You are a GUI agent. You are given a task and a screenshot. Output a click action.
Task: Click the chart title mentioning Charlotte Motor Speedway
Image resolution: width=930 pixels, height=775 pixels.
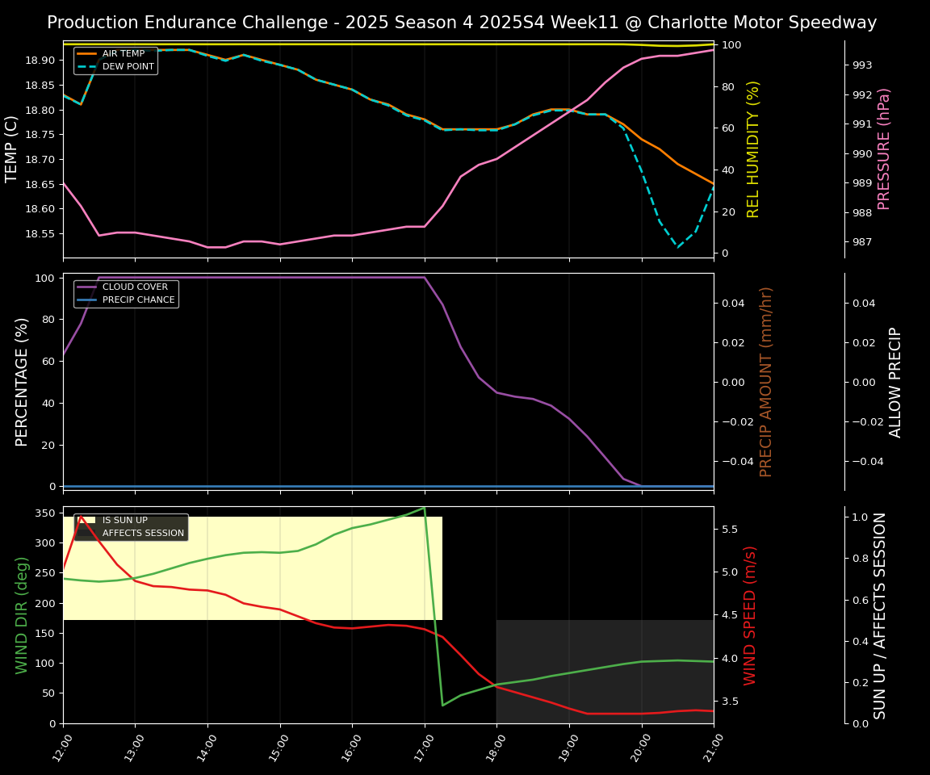462,23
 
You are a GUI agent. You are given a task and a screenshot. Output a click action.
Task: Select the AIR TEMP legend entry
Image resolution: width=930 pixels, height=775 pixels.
123,54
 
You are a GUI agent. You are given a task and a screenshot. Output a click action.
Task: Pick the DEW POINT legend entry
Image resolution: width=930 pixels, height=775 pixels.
128,66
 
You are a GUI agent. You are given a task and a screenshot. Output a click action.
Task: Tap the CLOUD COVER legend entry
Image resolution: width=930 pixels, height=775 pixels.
135,287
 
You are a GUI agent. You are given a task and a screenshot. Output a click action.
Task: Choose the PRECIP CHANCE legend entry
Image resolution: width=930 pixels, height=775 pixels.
138,300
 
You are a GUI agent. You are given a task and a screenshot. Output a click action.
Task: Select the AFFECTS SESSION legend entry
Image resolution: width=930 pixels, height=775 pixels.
143,533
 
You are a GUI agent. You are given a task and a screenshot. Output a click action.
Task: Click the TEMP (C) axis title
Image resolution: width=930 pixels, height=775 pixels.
12,149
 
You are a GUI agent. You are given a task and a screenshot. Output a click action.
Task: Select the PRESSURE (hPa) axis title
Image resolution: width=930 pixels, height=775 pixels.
884,149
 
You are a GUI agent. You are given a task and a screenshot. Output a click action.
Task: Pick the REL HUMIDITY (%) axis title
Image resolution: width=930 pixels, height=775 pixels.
753,149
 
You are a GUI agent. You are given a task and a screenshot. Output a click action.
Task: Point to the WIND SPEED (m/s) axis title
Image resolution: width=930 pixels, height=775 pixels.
751,615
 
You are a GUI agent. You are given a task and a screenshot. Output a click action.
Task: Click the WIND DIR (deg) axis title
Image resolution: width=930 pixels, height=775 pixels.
22,615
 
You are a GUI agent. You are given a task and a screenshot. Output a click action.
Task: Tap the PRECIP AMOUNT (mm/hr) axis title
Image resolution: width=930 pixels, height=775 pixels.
766,381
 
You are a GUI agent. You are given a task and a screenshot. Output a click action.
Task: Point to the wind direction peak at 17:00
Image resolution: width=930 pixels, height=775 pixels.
425,507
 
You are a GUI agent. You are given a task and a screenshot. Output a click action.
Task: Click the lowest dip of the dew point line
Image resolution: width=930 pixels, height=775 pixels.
677,247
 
